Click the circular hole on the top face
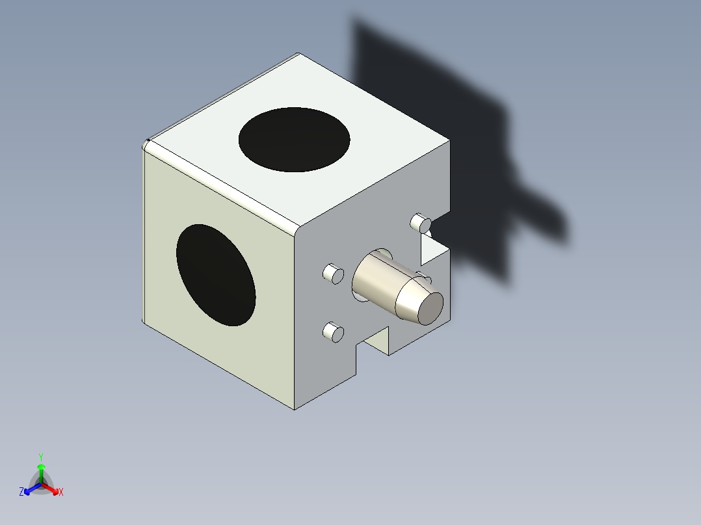click(x=294, y=140)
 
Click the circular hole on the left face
click(x=215, y=275)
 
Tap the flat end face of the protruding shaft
click(x=430, y=308)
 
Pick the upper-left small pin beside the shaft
click(x=334, y=274)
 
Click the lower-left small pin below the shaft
click(x=334, y=333)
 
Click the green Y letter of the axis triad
click(x=40, y=457)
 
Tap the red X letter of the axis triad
click(x=61, y=493)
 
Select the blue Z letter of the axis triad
click(x=21, y=493)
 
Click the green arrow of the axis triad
click(x=41, y=470)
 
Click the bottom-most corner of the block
click(x=294, y=409)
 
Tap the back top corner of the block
click(x=298, y=54)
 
